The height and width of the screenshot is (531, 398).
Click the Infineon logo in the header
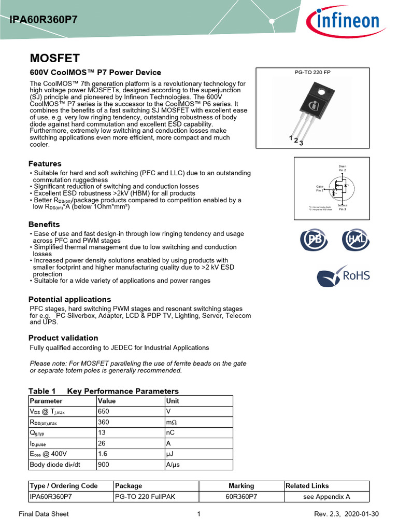click(343, 21)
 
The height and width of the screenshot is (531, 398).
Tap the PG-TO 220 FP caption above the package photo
click(312, 72)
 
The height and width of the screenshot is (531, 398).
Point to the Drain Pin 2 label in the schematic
click(342, 168)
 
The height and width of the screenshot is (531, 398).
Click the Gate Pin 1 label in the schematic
click(320, 188)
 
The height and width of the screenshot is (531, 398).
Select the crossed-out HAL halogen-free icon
click(355, 240)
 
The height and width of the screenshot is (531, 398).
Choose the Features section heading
click(45, 163)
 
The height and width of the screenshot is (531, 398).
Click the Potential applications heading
click(69, 299)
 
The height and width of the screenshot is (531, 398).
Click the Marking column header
click(241, 486)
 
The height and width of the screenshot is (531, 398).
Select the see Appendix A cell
click(326, 496)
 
